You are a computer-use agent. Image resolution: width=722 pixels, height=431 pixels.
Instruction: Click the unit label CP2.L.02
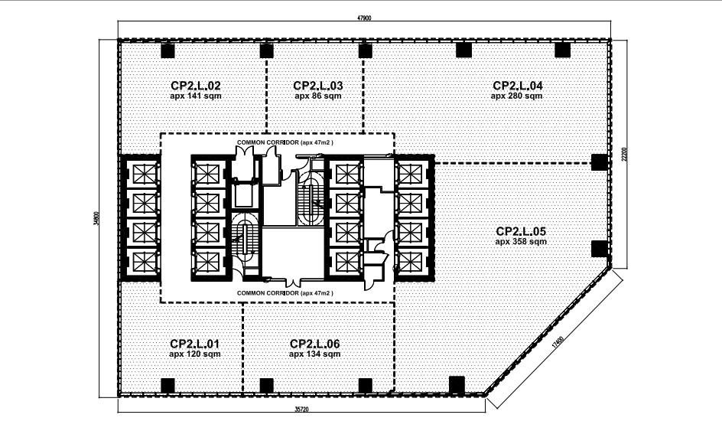[196, 86]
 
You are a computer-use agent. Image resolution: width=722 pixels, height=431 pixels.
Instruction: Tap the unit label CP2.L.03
[318, 86]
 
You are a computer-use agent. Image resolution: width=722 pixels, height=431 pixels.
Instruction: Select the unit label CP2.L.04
[518, 86]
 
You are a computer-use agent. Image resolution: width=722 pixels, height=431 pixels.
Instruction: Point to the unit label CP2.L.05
[521, 231]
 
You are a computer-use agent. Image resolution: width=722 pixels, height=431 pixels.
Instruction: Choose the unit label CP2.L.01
[195, 344]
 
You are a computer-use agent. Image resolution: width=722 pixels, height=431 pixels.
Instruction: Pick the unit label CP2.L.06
[315, 344]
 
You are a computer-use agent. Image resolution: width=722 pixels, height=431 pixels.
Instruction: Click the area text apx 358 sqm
[521, 242]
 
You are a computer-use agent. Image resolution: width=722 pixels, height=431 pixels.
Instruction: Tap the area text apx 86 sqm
[318, 96]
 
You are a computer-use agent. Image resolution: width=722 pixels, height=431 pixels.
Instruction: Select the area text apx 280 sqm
[516, 96]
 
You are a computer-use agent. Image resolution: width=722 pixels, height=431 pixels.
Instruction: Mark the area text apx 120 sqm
[195, 354]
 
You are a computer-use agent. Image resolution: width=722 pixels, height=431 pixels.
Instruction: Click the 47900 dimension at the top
[364, 18]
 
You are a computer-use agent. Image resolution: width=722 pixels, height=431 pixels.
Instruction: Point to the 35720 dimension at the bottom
[301, 409]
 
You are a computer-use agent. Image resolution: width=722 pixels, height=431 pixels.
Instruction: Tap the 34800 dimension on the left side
[96, 219]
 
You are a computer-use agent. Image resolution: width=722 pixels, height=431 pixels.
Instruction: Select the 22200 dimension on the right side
[624, 154]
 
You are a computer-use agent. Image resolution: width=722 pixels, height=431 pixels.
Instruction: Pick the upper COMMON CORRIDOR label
[285, 142]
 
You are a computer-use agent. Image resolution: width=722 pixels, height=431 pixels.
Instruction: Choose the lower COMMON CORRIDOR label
[285, 293]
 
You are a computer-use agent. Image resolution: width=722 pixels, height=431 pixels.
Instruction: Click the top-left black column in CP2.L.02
[167, 51]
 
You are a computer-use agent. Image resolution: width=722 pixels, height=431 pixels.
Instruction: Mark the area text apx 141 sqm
[196, 96]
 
